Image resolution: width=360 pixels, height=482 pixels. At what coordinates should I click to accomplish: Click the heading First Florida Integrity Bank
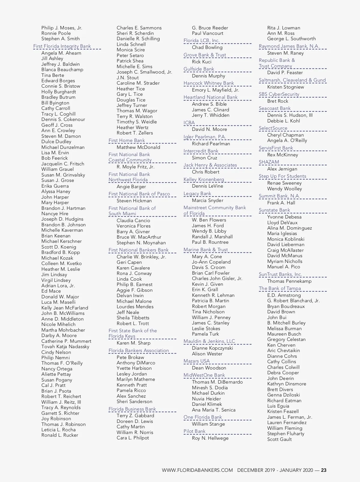pyautogui.click(x=62, y=46)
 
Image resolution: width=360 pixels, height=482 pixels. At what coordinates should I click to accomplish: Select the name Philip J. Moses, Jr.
pyautogui.click(x=61, y=28)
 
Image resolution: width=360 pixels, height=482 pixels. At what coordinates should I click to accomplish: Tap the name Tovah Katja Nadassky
pyautogui.click(x=65, y=347)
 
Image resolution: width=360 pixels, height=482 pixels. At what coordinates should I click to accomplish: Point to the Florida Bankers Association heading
pyautogui.click(x=139, y=351)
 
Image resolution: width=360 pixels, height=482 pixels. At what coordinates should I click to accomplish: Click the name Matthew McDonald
pyautogui.click(x=138, y=147)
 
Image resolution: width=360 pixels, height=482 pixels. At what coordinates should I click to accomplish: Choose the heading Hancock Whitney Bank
pyautogui.click(x=208, y=83)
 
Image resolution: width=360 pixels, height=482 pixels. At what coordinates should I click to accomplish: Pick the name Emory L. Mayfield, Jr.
pyautogui.click(x=215, y=90)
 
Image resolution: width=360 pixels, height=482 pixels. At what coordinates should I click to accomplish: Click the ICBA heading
pyautogui.click(x=189, y=122)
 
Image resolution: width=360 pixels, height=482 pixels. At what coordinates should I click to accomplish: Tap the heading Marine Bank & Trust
pyautogui.click(x=205, y=250)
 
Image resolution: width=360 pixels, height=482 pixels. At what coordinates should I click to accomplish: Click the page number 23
pyautogui.click(x=324, y=470)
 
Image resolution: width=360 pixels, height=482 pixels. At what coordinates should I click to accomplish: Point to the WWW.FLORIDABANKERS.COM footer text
pyautogui.click(x=197, y=470)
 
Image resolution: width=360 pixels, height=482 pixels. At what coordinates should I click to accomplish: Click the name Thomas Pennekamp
pyautogui.click(x=289, y=281)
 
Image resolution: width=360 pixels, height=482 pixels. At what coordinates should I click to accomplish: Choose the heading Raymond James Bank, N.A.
pyautogui.click(x=289, y=46)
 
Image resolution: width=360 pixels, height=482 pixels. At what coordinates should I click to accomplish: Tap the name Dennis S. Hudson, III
pyautogui.click(x=290, y=115)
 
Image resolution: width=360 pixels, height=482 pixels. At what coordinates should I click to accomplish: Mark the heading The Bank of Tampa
pyautogui.click(x=280, y=288)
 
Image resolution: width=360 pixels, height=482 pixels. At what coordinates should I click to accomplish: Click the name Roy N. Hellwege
pyautogui.click(x=210, y=438)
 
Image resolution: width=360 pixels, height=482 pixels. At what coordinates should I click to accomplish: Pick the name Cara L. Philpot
pyautogui.click(x=133, y=438)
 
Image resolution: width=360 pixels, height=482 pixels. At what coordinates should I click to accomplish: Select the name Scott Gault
pyautogui.click(x=279, y=439)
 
